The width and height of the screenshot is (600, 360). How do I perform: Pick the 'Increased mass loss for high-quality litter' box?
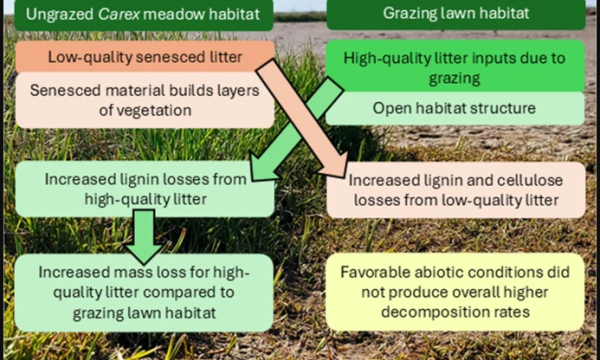click(143, 292)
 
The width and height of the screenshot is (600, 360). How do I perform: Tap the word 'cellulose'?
click(533, 180)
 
